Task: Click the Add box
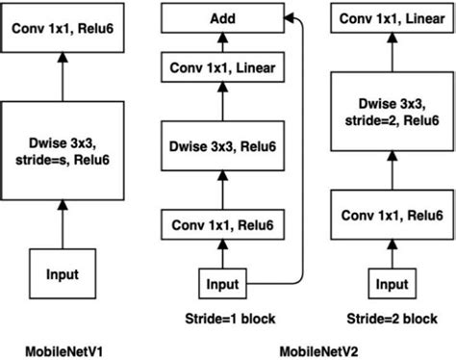click(x=224, y=18)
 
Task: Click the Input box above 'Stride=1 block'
click(x=223, y=284)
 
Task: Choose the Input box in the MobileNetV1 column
click(x=63, y=275)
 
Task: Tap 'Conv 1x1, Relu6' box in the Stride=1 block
click(x=224, y=227)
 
